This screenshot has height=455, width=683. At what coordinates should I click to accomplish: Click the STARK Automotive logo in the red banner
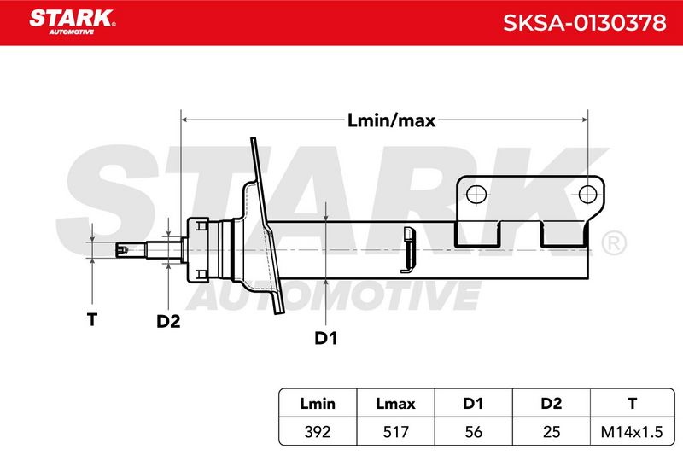(73, 22)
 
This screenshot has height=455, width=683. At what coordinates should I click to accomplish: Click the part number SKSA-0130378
(585, 23)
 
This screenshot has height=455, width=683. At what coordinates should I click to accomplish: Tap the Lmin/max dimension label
(391, 120)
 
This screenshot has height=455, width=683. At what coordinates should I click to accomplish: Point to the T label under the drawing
(92, 319)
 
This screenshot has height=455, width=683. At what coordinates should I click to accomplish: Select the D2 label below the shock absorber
(168, 321)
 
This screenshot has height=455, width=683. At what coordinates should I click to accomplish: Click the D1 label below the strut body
(326, 338)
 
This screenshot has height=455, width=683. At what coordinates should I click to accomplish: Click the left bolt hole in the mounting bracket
(476, 194)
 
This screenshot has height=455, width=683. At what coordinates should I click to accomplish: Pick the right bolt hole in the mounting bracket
(587, 194)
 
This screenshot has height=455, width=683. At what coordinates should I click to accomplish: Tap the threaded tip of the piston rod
(122, 250)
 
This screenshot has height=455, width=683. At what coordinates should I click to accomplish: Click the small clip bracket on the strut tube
(408, 250)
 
